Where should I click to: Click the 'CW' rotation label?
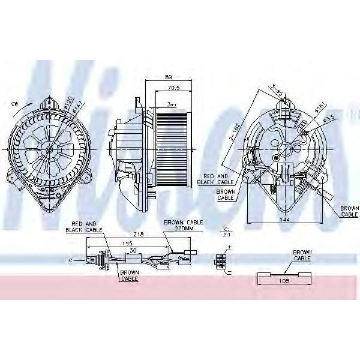14,103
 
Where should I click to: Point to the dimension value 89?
169,76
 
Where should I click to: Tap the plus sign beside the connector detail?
228,247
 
